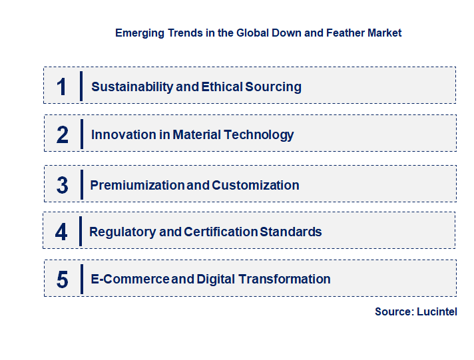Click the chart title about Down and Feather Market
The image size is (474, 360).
(258, 33)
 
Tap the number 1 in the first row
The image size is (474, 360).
(62, 87)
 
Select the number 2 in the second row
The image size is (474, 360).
(63, 135)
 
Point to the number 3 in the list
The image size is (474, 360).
(63, 186)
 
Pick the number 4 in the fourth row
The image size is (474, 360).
(61, 232)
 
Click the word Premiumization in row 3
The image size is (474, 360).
(137, 186)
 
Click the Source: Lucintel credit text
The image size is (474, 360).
(415, 311)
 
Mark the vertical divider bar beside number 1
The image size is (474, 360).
(81, 86)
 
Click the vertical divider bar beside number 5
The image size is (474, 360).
(81, 279)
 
